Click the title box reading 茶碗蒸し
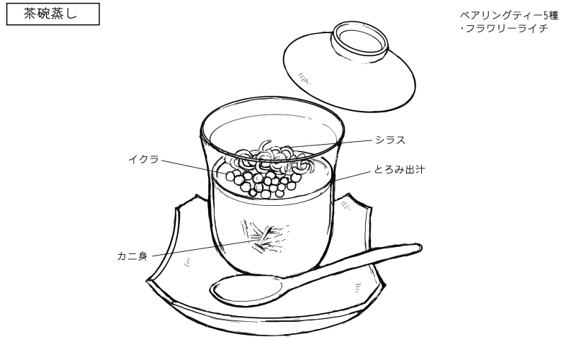(52, 14)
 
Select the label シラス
(390, 140)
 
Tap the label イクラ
(144, 158)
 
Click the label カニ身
(132, 255)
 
